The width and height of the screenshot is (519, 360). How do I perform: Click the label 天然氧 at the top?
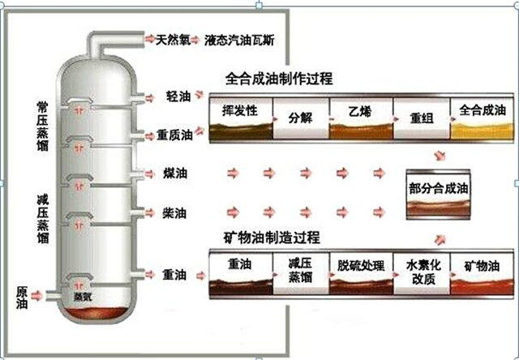[173, 38]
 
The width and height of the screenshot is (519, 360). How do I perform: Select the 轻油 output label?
[178, 96]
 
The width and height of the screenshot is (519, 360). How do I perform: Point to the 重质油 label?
[174, 135]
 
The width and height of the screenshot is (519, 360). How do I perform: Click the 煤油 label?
[174, 174]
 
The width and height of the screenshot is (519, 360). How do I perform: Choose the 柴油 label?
[174, 212]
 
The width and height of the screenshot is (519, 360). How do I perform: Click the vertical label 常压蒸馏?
[42, 126]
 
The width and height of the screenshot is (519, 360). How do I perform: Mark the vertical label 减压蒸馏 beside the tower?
[42, 219]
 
